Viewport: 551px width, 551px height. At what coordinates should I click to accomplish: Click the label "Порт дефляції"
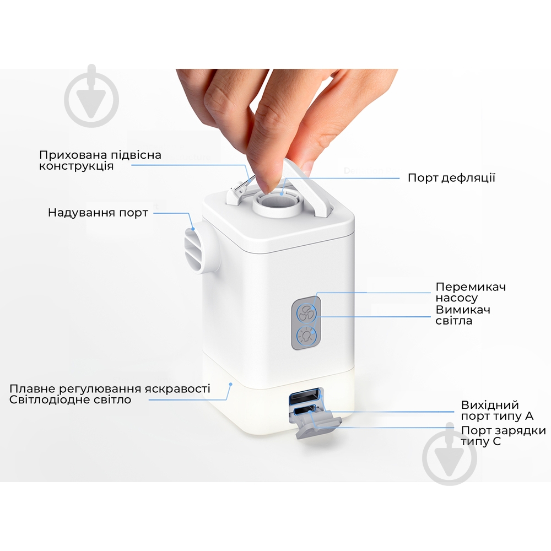click(451, 178)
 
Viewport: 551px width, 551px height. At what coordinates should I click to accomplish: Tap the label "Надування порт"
click(98, 213)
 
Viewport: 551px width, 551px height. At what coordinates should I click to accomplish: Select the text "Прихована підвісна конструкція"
click(100, 160)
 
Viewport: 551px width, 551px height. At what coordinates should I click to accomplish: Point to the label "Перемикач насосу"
click(470, 293)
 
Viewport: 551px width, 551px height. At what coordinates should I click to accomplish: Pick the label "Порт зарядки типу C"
click(503, 436)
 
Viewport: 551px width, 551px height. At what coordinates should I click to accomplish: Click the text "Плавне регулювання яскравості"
click(110, 388)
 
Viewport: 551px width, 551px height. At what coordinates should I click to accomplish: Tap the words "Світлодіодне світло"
click(71, 399)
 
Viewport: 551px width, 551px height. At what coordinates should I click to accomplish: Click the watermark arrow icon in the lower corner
click(449, 456)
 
